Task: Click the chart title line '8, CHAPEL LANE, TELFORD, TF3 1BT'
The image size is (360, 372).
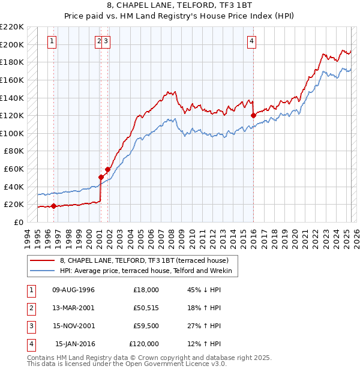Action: pos(179,5)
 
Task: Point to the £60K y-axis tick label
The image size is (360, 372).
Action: pos(14,169)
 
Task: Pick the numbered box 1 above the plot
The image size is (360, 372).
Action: pos(52,41)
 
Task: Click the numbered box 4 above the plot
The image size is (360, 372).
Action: pos(252,41)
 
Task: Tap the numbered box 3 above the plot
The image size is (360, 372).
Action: pos(106,41)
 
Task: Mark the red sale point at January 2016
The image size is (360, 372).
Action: pos(253,115)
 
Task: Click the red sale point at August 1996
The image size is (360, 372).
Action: pos(53,206)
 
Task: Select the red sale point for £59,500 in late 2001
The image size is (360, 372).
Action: pos(107,169)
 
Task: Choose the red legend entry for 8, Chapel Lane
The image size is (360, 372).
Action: pos(144,260)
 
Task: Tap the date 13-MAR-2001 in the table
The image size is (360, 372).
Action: pos(73,308)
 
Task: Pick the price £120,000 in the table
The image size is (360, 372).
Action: pos(144,344)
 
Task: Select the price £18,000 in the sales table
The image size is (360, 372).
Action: pos(146,290)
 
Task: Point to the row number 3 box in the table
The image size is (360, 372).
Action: pos(31,326)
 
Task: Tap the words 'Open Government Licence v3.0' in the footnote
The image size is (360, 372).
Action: pos(174,364)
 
